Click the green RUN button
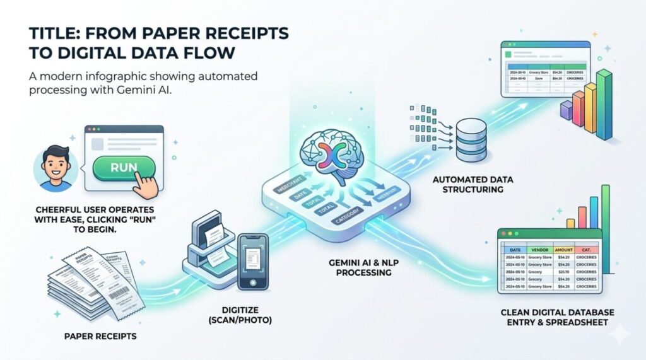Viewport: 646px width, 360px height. pos(124,168)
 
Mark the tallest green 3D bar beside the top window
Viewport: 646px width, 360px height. pos(604,104)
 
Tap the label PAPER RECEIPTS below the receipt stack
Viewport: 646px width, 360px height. pos(100,336)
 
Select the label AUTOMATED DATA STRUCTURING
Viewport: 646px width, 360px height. pos(473,185)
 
